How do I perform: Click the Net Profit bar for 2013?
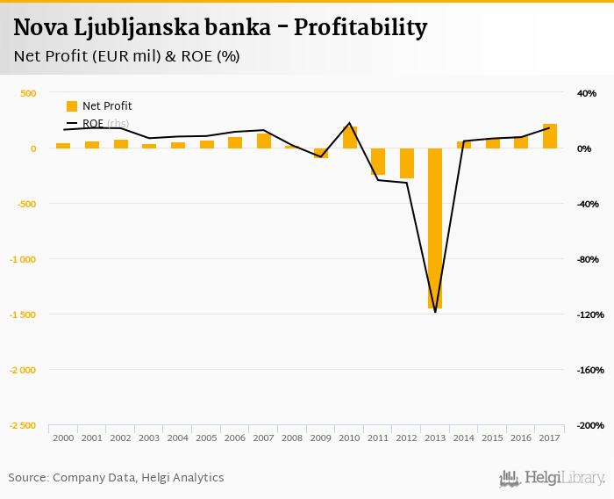pyautogui.click(x=435, y=228)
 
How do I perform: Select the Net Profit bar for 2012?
pyautogui.click(x=406, y=163)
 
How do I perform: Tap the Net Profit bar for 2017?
pyautogui.click(x=550, y=136)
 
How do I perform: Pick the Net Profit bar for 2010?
pyautogui.click(x=349, y=138)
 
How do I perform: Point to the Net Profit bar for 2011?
pyautogui.click(x=378, y=162)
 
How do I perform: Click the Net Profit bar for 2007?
pyautogui.click(x=263, y=141)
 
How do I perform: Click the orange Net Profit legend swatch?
pyautogui.click(x=72, y=106)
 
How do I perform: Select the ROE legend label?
pyautogui.click(x=93, y=124)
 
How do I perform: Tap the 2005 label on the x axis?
pyautogui.click(x=206, y=438)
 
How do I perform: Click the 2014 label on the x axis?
pyautogui.click(x=464, y=438)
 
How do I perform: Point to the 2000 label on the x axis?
pyautogui.click(x=63, y=438)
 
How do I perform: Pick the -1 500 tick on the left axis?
pyautogui.click(x=23, y=315)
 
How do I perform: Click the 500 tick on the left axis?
pyautogui.click(x=28, y=93)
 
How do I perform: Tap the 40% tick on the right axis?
pyautogui.click(x=586, y=93)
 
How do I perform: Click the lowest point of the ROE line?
pyautogui.click(x=435, y=312)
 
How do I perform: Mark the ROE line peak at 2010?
pyautogui.click(x=349, y=123)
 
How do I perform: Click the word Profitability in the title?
pyautogui.click(x=361, y=28)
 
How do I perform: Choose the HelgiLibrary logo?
pyautogui.click(x=552, y=478)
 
